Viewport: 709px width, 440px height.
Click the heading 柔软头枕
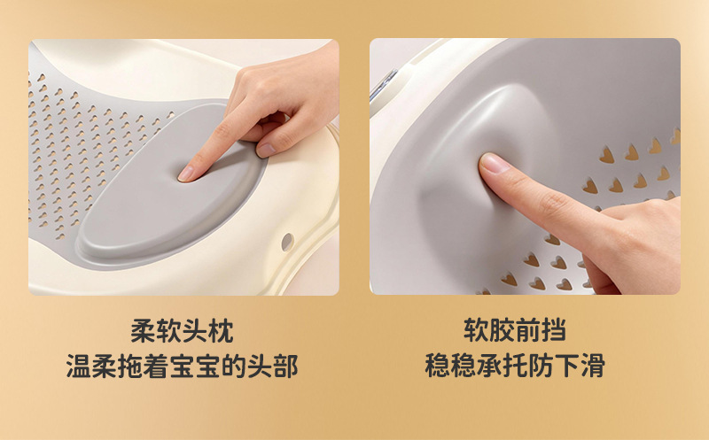[x=182, y=332]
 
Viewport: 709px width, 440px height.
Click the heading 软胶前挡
[x=515, y=329]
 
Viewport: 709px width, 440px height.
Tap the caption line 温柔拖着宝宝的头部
[x=182, y=366]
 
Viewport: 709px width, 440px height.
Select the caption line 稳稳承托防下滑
[x=515, y=365]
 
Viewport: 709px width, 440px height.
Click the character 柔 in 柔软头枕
[x=143, y=332]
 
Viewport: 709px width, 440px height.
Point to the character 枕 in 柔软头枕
[x=221, y=332]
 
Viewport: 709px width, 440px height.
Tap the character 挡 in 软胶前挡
[x=554, y=329]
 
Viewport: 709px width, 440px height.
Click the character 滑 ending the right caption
[x=593, y=365]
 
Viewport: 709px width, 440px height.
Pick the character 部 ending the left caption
[x=285, y=366]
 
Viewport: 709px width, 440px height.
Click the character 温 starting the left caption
[x=79, y=366]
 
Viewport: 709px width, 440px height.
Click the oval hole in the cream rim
[x=287, y=243]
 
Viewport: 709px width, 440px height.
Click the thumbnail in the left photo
[x=266, y=150]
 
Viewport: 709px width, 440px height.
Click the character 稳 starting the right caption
[x=437, y=365]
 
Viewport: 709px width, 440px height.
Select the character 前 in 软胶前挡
[x=527, y=329]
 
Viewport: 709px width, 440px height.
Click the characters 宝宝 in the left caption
[x=195, y=366]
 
